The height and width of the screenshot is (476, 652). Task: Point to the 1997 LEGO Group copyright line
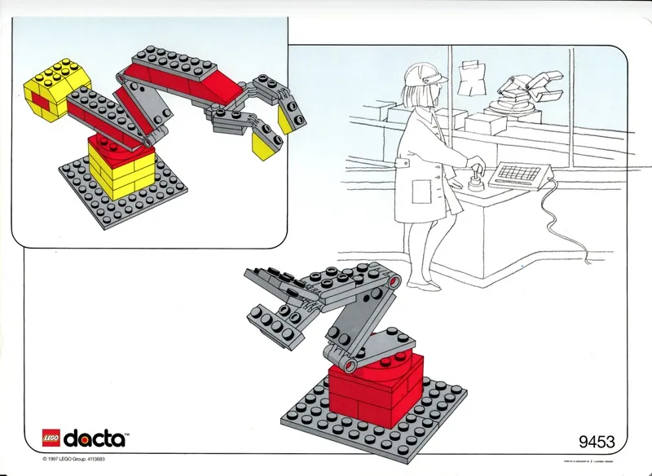(x=77, y=460)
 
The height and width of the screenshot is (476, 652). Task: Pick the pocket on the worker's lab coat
(x=421, y=192)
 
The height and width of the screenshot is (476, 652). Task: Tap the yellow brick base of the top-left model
(x=121, y=171)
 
